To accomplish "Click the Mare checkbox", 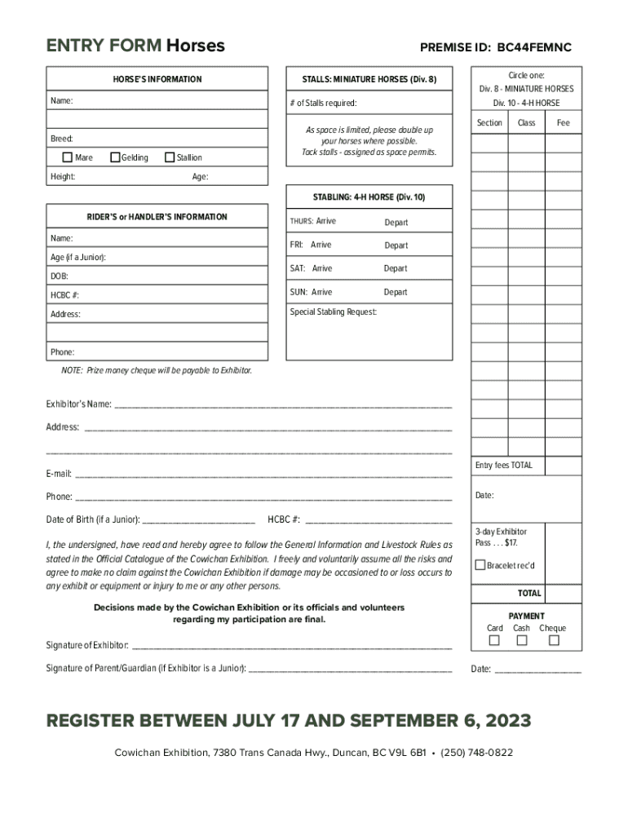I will pyautogui.click(x=68, y=157).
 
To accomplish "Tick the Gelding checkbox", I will pyautogui.click(x=115, y=157).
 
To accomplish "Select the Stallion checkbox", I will pyautogui.click(x=170, y=157).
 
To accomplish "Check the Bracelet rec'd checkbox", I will pyautogui.click(x=480, y=565).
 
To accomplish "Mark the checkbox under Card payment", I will pyautogui.click(x=494, y=641).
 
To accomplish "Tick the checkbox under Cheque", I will pyautogui.click(x=554, y=641).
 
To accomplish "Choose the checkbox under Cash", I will pyautogui.click(x=522, y=641).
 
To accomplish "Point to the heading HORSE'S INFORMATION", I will pyautogui.click(x=157, y=79).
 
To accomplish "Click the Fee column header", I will pyautogui.click(x=563, y=123).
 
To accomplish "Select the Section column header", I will pyautogui.click(x=489, y=123).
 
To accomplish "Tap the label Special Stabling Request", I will pyautogui.click(x=334, y=311).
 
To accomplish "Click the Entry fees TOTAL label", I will pyautogui.click(x=503, y=466).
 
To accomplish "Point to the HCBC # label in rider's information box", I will pyautogui.click(x=64, y=295).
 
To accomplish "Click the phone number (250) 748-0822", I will pyautogui.click(x=476, y=753).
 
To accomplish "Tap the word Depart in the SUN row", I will pyautogui.click(x=396, y=292).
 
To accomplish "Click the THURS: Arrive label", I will pyautogui.click(x=312, y=222).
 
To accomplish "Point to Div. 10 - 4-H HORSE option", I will pyautogui.click(x=526, y=104).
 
